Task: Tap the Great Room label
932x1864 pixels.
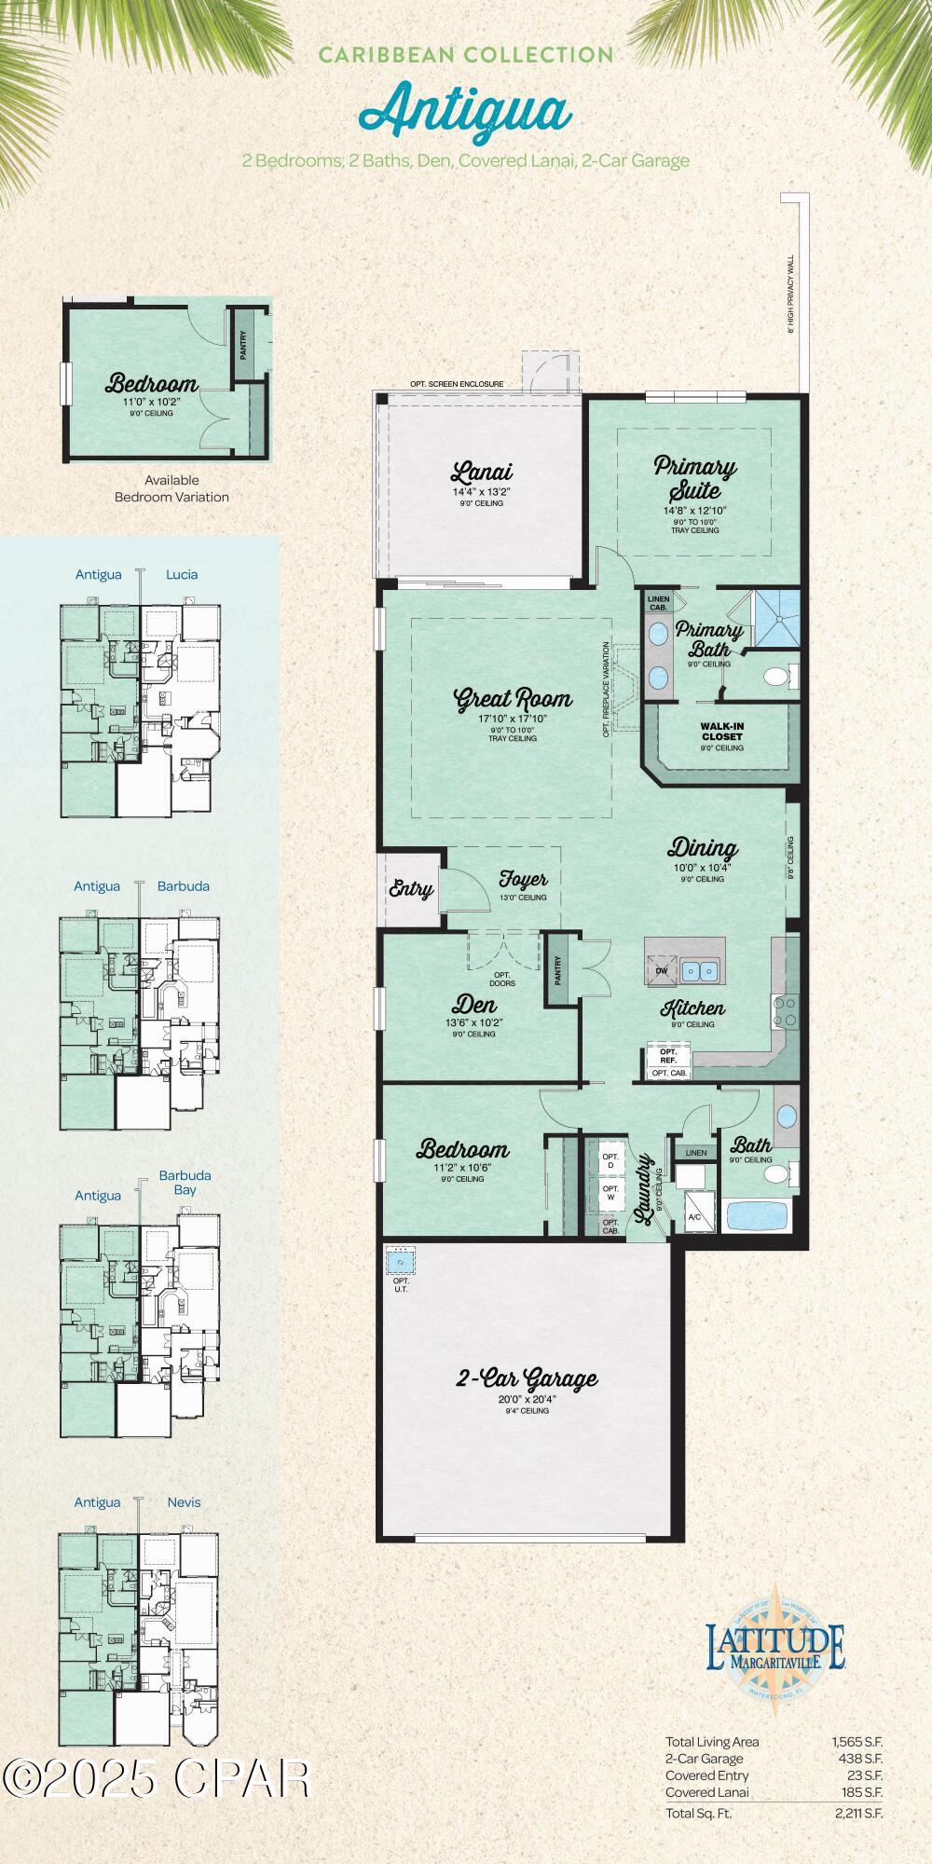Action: coord(512,699)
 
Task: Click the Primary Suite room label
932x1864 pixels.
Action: coord(694,477)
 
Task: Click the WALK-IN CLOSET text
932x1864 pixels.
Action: coord(722,731)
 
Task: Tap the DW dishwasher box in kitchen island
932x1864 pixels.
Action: coord(662,971)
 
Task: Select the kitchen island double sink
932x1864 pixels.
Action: coord(699,971)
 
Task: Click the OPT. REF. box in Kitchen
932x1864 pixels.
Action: coord(668,1056)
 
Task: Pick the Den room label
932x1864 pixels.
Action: coord(474,1005)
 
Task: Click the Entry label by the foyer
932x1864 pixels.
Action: coord(410,888)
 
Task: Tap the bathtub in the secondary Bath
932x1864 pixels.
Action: coord(758,1216)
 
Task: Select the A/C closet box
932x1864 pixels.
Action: coord(694,1215)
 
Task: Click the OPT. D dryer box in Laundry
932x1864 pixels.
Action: coord(610,1161)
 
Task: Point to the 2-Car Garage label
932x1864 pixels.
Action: coord(527,1378)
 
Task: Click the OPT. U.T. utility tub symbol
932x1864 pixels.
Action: coord(401,1261)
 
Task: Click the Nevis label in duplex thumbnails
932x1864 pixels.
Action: coord(184,1501)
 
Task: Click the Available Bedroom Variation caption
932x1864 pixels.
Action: coord(171,488)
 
